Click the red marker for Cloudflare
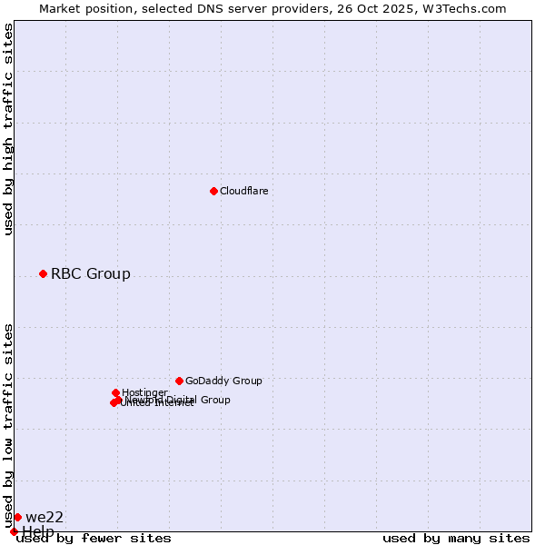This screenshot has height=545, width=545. [x=213, y=191]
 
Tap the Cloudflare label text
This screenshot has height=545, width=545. [x=243, y=191]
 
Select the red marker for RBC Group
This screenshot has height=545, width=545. [x=43, y=273]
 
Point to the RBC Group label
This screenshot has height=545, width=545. [x=91, y=273]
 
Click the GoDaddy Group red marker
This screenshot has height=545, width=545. [x=179, y=381]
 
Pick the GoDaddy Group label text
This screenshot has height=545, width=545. [x=223, y=381]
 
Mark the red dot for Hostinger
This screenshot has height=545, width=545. [x=115, y=392]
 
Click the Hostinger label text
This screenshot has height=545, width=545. [x=144, y=392]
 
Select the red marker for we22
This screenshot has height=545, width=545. [x=17, y=517]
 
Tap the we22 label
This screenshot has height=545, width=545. [x=45, y=517]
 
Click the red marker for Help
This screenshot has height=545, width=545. [x=14, y=531]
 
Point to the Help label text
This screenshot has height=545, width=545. [x=38, y=531]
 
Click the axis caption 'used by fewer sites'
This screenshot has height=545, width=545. [x=94, y=538]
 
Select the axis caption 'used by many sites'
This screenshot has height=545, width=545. [x=456, y=538]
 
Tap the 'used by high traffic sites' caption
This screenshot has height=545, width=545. [x=9, y=129]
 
